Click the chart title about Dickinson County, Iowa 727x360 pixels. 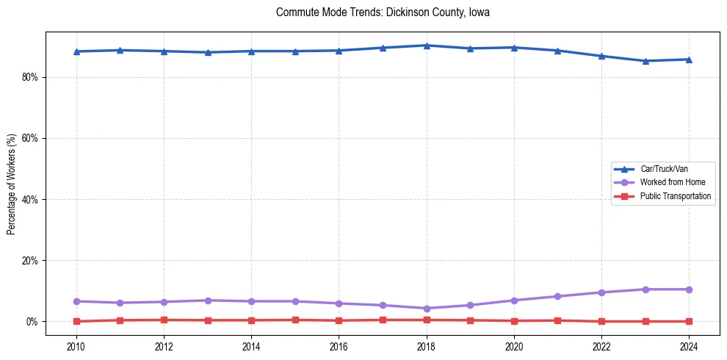click(383, 12)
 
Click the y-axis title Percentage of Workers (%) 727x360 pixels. click(12, 184)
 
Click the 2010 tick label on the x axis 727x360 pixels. click(76, 345)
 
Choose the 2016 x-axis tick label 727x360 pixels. click(339, 345)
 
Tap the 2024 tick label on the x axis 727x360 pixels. click(690, 345)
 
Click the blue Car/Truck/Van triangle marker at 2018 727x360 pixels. click(427, 46)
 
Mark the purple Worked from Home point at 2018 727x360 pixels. click(427, 309)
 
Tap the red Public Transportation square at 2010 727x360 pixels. click(76, 321)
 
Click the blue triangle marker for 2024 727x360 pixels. click(690, 60)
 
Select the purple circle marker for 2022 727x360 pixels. click(602, 292)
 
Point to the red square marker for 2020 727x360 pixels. click(514, 321)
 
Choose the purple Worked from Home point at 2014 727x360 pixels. click(251, 301)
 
